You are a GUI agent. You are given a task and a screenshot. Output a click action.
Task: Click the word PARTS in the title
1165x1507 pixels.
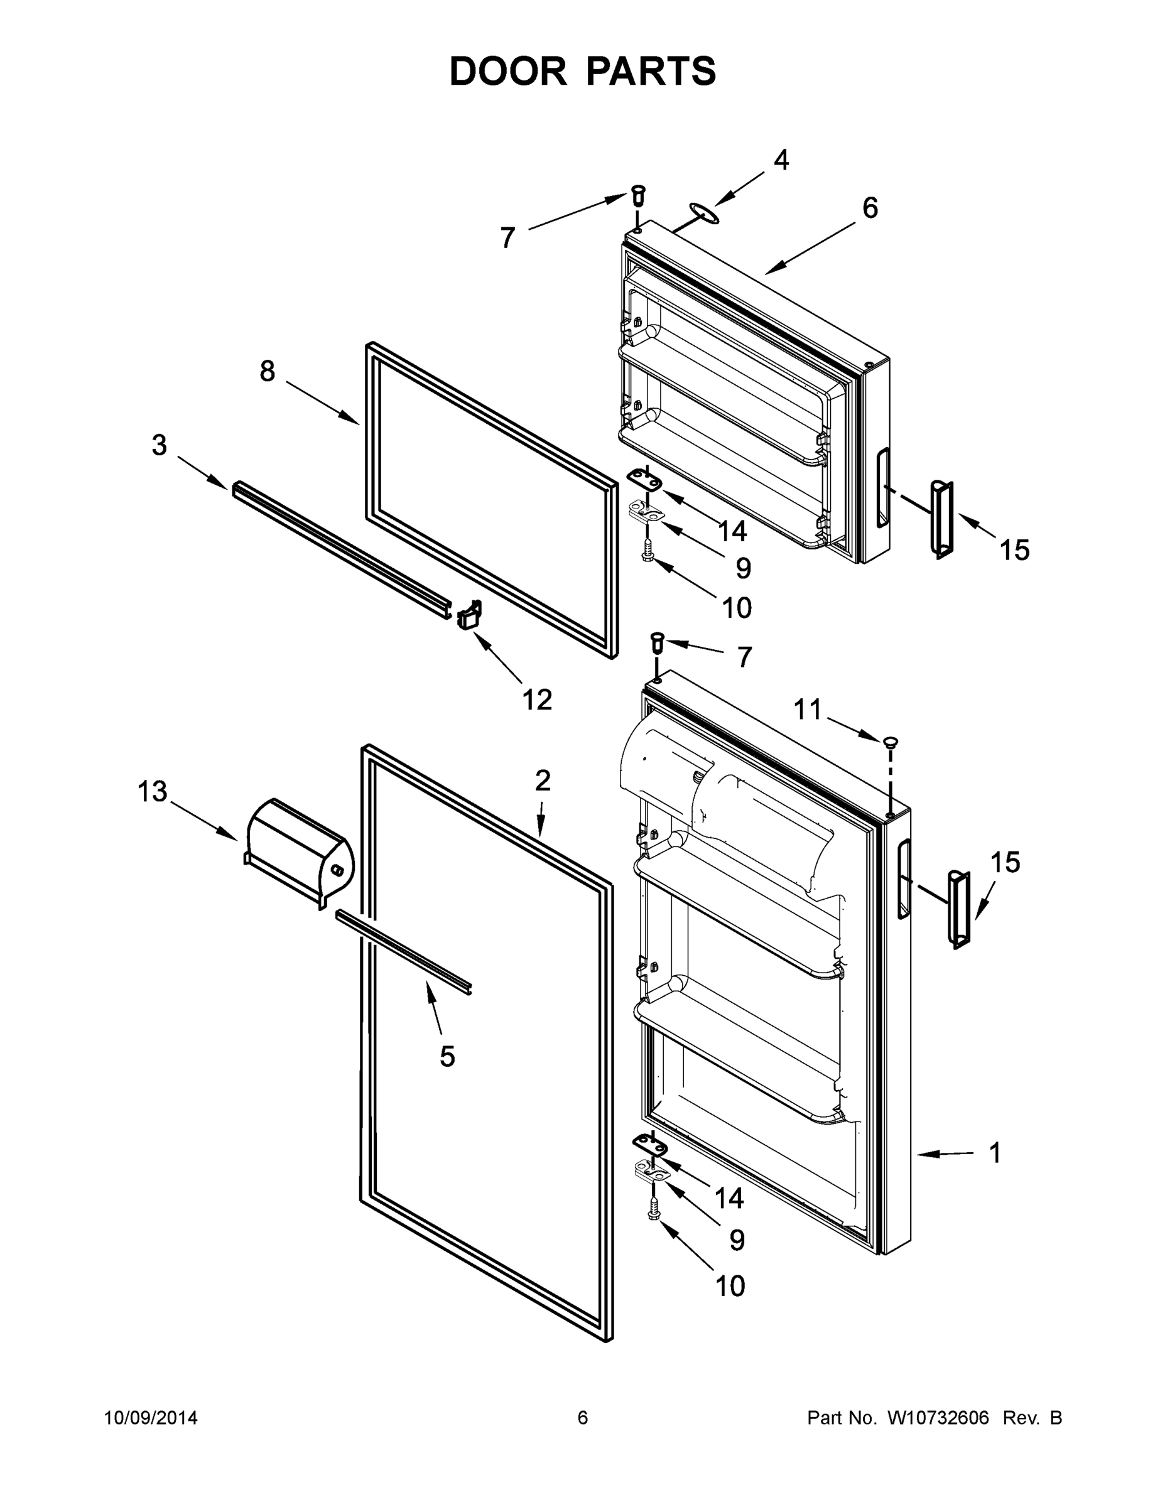(651, 72)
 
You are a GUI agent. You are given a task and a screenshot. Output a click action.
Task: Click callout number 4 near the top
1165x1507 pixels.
(781, 161)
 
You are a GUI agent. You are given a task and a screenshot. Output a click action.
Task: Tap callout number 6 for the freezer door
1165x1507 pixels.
(870, 208)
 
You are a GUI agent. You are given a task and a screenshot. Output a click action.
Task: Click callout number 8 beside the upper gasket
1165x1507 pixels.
(267, 372)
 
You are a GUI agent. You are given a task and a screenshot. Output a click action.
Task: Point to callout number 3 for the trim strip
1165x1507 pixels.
(160, 446)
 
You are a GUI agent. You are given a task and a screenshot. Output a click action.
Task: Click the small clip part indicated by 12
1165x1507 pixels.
(469, 614)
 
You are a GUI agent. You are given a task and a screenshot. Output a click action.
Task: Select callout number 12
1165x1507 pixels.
(537, 700)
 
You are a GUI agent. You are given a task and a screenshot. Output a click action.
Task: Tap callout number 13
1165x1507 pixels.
(152, 791)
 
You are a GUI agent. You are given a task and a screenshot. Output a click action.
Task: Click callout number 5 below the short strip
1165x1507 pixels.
(447, 1056)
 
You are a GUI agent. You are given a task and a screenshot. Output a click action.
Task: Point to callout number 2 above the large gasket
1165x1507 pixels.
(543, 781)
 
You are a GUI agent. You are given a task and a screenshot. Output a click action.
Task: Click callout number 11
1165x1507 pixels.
(808, 710)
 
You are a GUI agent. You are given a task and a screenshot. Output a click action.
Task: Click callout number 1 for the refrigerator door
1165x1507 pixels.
(995, 1153)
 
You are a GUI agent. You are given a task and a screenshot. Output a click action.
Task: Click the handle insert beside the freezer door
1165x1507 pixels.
(942, 519)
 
